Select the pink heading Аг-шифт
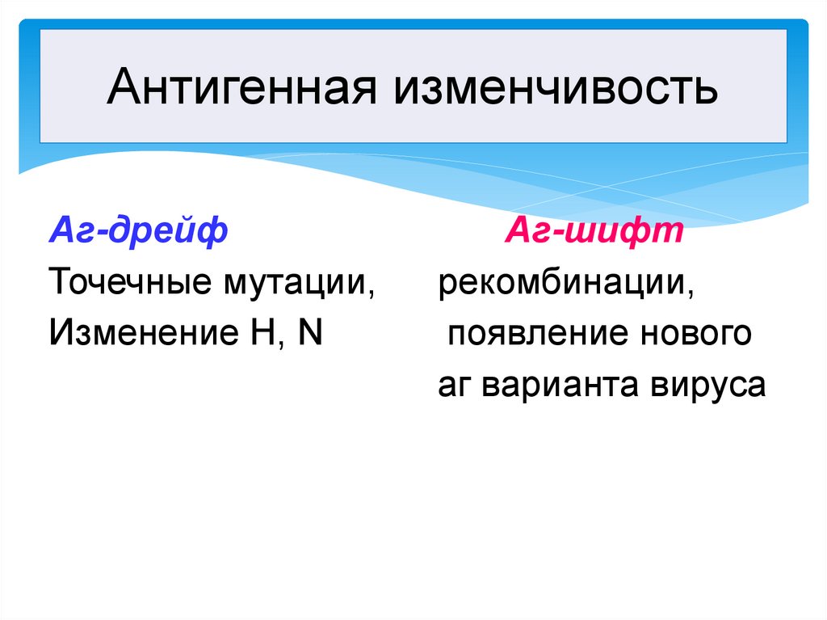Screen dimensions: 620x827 [x=595, y=233]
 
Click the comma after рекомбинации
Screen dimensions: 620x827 [x=692, y=296]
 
